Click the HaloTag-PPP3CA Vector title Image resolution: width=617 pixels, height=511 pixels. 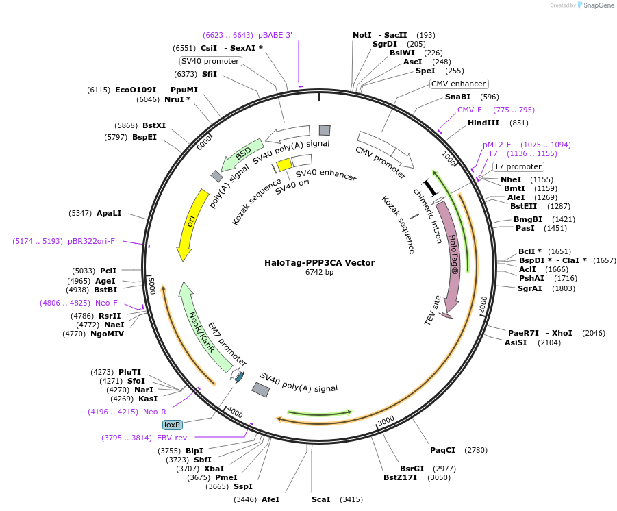pos(319,262)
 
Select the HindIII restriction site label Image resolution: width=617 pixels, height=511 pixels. pos(483,123)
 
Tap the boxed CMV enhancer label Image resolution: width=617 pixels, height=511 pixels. pos(458,84)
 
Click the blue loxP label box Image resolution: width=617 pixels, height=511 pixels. pos(173,425)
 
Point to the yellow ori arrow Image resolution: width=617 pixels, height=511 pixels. pos(191,225)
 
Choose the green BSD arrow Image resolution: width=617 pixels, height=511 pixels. pos(241,154)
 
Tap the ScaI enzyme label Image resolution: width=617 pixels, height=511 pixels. pos(320,499)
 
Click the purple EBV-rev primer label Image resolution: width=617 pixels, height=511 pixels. pos(172,438)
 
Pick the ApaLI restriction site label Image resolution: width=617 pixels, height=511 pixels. pos(109,214)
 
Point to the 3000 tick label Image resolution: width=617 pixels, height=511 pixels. pos(386,421)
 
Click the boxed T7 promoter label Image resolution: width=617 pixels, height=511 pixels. pos(518,166)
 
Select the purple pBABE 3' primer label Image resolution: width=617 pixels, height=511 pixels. pos(275,35)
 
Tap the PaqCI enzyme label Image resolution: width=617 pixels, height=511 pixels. pos(442,450)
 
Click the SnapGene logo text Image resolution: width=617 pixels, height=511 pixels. pos(599,5)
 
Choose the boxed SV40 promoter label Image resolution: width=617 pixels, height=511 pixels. pos(210,61)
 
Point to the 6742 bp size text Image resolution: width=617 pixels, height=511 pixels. pos(319,272)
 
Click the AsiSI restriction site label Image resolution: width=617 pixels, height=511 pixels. pos(516,342)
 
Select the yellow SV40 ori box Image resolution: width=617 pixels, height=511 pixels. pos(284,164)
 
